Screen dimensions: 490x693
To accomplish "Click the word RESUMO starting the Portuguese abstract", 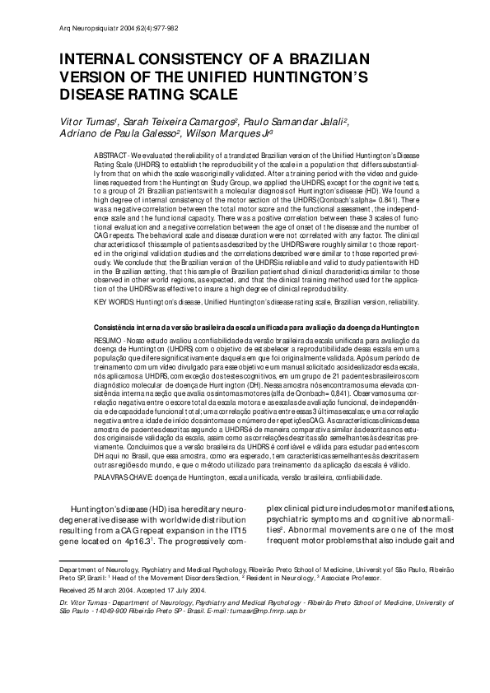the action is tap(108, 337).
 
